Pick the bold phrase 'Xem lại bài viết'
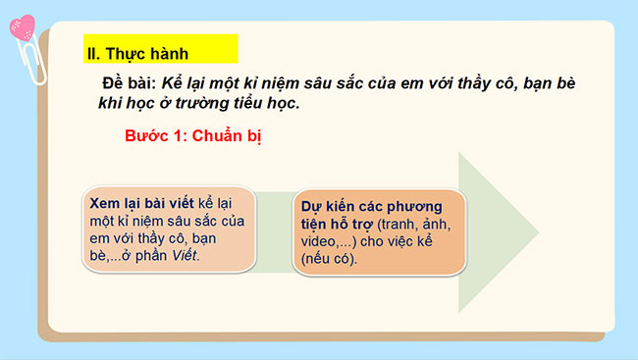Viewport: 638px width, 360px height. coord(140,200)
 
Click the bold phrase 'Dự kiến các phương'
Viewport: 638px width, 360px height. coord(367,207)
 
